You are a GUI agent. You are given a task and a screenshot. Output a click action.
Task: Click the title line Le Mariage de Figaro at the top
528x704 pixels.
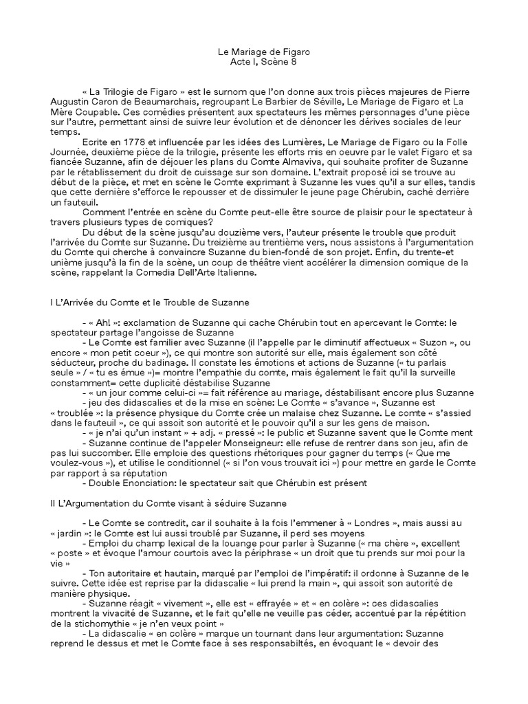click(x=263, y=52)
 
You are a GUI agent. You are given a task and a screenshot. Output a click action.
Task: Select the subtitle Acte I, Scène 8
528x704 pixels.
click(x=263, y=62)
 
